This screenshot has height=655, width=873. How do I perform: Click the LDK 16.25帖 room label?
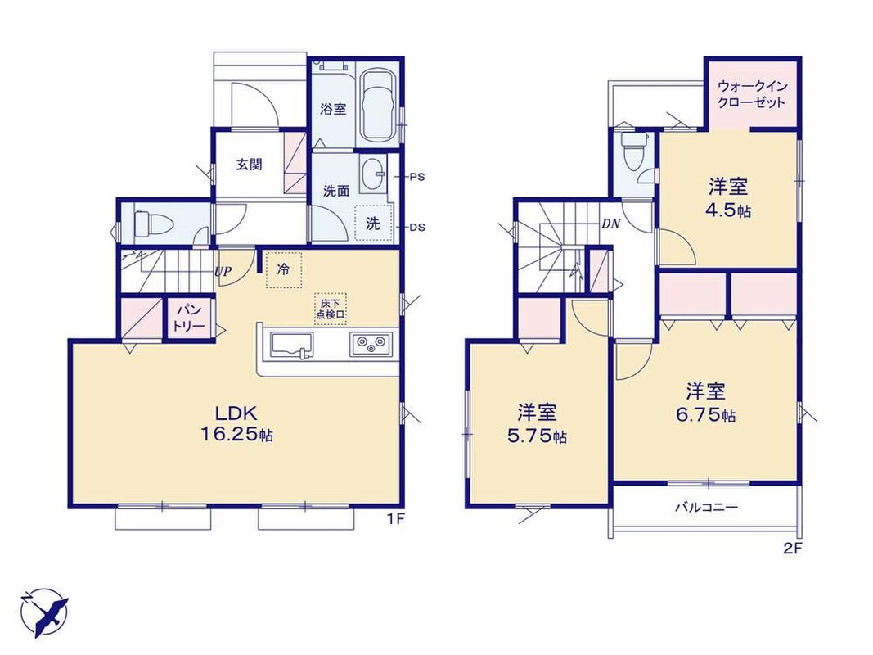236,424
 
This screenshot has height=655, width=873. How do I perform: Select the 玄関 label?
249,165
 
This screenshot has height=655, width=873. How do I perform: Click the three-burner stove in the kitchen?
371,344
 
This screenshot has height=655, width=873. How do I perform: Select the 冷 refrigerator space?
284,270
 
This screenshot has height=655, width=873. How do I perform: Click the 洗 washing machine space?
373,223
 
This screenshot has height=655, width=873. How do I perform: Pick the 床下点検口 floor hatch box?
331,309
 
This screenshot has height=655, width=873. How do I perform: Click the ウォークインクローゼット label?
752,94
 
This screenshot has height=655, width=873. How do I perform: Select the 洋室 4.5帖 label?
729,197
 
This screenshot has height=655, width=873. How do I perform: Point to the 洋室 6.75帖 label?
706,402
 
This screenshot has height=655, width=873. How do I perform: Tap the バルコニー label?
707,507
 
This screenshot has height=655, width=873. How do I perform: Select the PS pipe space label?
417,177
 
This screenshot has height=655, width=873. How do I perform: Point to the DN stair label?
610,224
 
